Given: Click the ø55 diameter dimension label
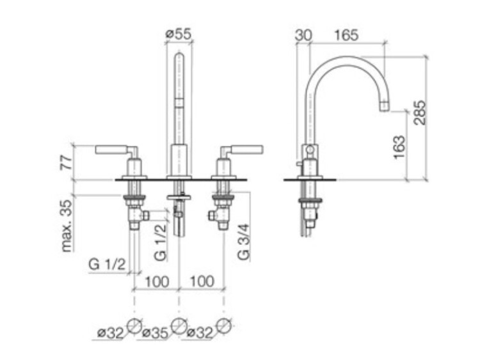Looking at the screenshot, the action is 178,33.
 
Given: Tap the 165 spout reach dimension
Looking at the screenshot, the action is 346,35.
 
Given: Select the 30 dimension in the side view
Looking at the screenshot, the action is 303,35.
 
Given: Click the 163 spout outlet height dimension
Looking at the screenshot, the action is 399,147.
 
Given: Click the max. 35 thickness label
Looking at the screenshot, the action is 68,226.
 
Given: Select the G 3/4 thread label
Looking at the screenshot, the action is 244,242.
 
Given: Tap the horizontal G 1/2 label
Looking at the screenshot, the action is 107,264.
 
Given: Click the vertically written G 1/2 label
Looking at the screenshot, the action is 161,242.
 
